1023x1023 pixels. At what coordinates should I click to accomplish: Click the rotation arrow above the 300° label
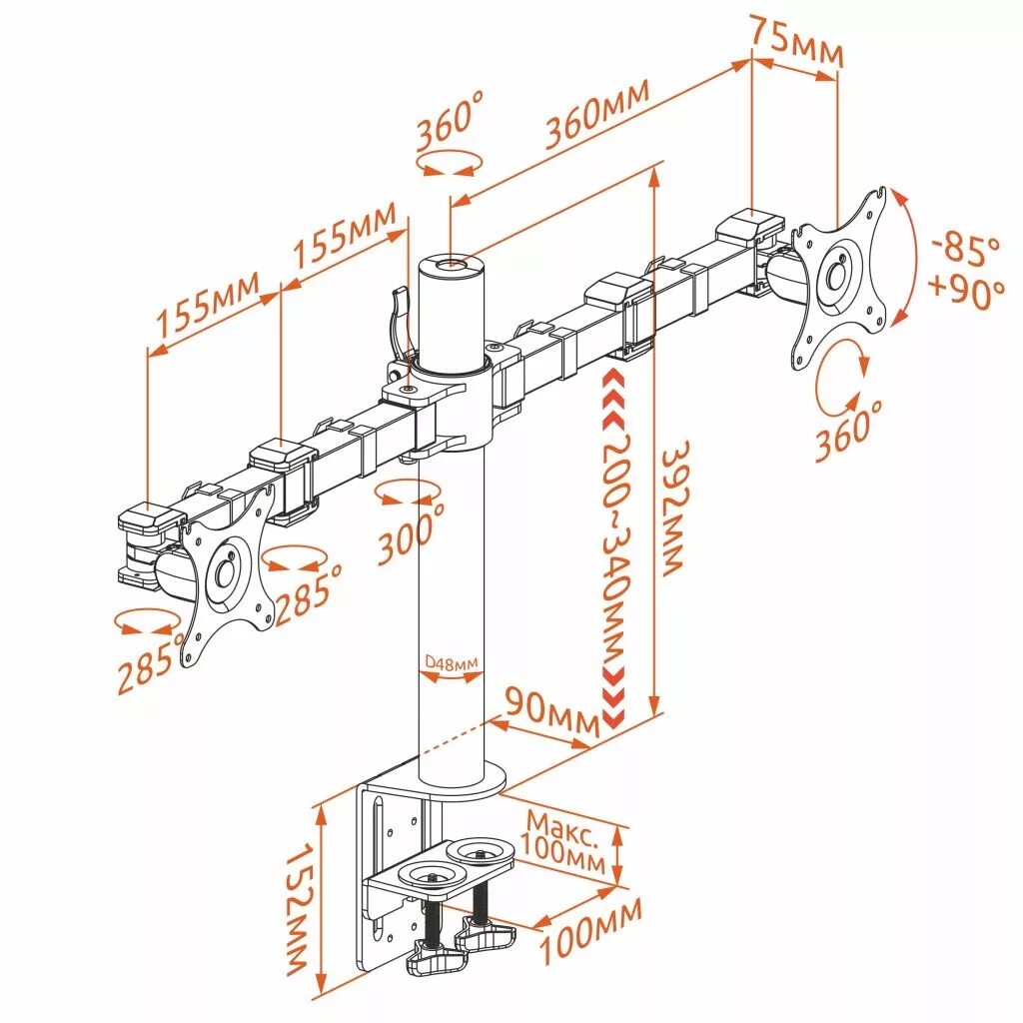[410, 492]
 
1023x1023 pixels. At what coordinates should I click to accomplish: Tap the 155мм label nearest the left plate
[206, 309]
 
